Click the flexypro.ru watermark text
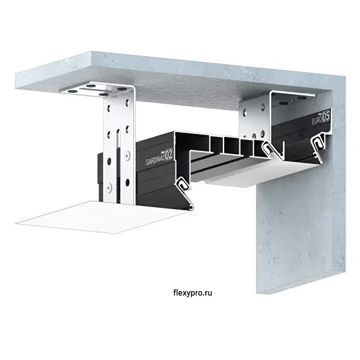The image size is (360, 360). (x=193, y=293)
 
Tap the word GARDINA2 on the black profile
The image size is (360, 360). (x=155, y=160)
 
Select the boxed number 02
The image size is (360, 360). (x=169, y=155)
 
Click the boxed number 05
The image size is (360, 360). (x=327, y=117)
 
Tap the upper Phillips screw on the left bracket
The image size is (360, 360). (x=127, y=157)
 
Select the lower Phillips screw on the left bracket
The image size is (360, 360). (x=109, y=188)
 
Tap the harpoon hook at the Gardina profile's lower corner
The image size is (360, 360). (x=183, y=184)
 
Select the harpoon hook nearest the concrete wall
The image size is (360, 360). (x=318, y=144)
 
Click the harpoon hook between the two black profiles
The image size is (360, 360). (x=269, y=148)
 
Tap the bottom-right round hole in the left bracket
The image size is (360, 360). (x=128, y=183)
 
